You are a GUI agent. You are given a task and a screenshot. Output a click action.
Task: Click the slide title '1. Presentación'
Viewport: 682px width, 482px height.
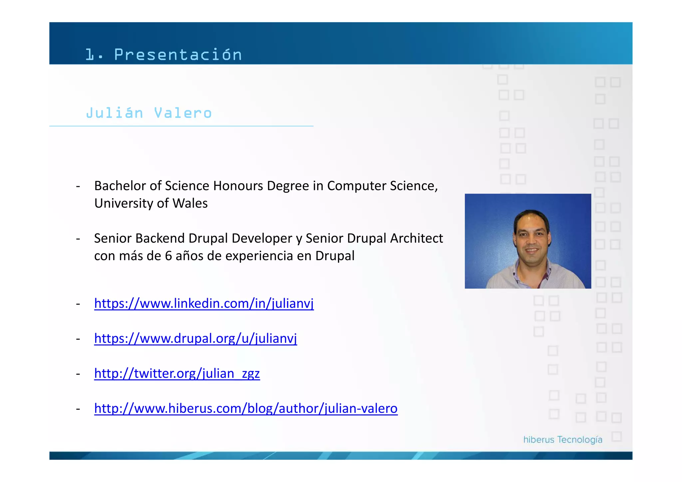click(163, 55)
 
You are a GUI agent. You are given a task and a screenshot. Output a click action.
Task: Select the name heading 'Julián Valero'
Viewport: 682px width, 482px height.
click(149, 113)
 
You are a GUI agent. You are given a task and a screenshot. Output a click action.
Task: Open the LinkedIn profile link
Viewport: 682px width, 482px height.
click(204, 303)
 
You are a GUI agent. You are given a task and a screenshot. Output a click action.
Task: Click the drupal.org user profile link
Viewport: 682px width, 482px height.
click(195, 338)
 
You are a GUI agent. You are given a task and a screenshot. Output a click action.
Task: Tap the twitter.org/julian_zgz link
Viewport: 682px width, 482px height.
click(177, 373)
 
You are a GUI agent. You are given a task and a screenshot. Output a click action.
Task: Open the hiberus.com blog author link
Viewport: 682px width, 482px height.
click(246, 408)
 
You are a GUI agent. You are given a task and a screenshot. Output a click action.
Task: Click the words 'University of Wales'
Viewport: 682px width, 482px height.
click(151, 203)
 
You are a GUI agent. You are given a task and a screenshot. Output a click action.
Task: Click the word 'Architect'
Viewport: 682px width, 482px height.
click(417, 239)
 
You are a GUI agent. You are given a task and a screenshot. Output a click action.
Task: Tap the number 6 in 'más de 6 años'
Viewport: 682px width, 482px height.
click(169, 256)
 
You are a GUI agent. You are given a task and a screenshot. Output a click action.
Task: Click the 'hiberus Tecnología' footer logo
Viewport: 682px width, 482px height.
click(563, 440)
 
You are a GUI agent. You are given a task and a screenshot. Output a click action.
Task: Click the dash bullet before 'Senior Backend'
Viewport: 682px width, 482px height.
click(78, 239)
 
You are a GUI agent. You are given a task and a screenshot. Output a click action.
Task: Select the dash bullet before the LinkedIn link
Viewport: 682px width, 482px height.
click(78, 304)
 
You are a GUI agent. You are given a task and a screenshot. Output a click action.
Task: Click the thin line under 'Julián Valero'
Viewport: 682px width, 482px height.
click(181, 126)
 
